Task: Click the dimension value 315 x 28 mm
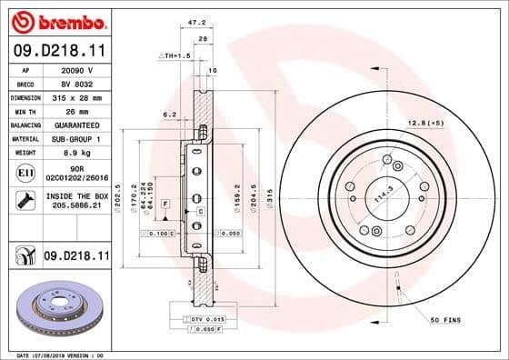pos(77,96)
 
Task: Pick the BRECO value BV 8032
pos(76,82)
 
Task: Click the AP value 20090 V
pos(76,68)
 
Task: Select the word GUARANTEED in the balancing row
pos(77,125)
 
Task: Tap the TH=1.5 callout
pos(174,55)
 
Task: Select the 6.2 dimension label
pos(168,115)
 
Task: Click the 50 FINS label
pos(446,321)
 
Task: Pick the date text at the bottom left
pos(60,355)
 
